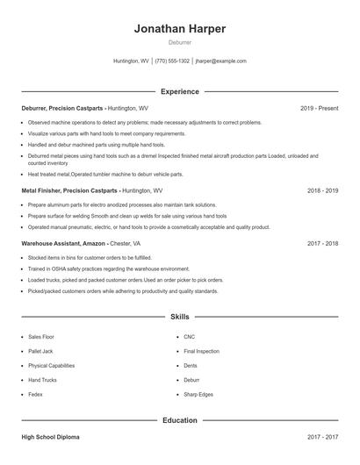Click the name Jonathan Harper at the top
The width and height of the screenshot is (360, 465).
tap(180, 28)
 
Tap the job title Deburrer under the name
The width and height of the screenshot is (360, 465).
tap(180, 42)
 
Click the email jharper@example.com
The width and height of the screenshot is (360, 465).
tap(220, 61)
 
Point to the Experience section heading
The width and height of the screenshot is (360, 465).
tap(180, 91)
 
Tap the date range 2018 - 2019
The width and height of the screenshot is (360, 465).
tap(322, 190)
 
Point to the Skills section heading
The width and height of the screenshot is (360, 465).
tap(180, 316)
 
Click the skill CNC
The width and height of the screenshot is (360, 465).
tap(189, 336)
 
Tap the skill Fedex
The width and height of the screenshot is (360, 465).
tap(36, 395)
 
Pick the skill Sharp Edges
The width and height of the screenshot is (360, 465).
tap(198, 395)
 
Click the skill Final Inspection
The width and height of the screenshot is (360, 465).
tap(201, 351)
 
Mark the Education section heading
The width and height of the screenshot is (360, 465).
tap(180, 420)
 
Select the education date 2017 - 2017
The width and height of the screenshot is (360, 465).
tap(322, 436)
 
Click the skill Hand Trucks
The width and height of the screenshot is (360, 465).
tap(43, 380)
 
